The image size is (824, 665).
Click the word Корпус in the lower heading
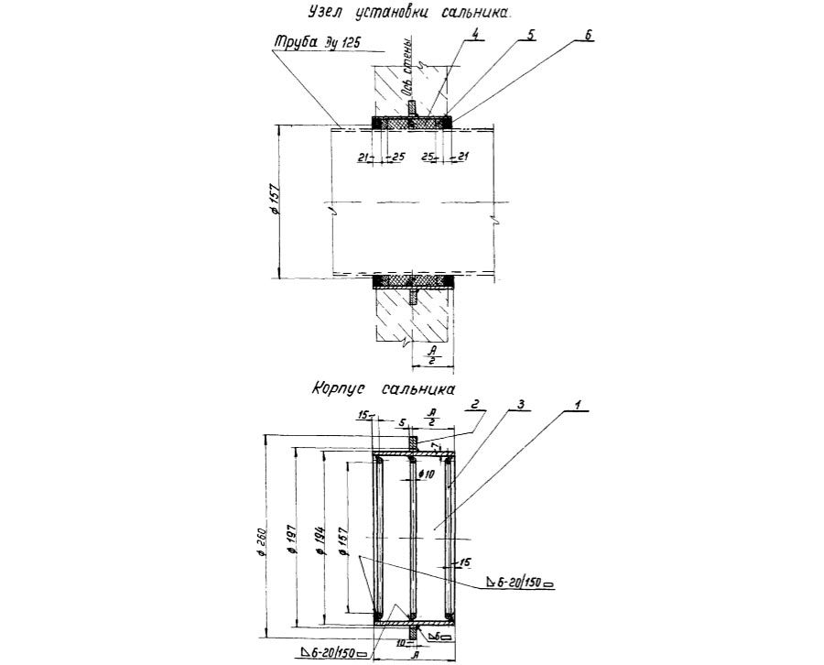(340, 387)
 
